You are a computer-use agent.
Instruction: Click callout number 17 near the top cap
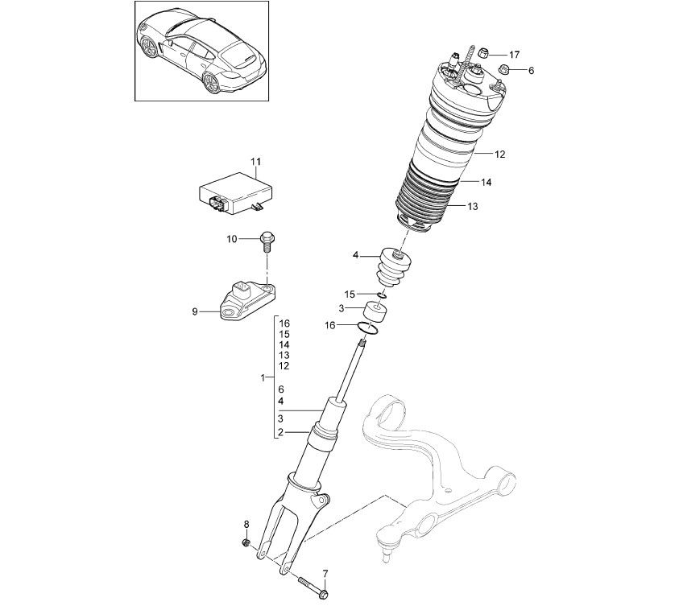pyautogui.click(x=514, y=55)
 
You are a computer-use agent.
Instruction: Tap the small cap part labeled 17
pyautogui.click(x=485, y=54)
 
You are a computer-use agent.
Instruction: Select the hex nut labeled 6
pyautogui.click(x=504, y=68)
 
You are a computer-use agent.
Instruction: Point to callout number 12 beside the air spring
pyautogui.click(x=500, y=154)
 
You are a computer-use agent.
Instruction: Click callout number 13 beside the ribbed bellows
pyautogui.click(x=473, y=206)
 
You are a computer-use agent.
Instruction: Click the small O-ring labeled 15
pyautogui.click(x=382, y=295)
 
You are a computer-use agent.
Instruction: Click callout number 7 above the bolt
pyautogui.click(x=325, y=574)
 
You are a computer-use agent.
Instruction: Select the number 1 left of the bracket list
pyautogui.click(x=263, y=377)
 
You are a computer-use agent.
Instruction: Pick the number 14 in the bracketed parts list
pyautogui.click(x=284, y=345)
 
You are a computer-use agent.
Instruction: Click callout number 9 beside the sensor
pyautogui.click(x=195, y=311)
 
